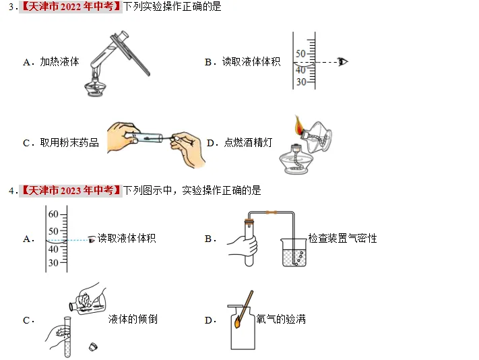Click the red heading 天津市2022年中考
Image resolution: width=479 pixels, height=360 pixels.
(x=69, y=7)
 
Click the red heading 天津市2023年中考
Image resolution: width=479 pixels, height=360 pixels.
(x=69, y=191)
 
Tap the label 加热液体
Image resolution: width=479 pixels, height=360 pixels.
(x=59, y=62)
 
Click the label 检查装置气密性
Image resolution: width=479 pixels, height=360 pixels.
(x=342, y=239)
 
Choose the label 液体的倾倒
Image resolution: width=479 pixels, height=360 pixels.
(x=133, y=319)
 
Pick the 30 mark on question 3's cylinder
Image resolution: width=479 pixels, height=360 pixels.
(x=300, y=82)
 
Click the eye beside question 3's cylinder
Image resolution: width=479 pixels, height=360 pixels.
(x=343, y=62)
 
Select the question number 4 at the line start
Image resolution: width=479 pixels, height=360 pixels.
(x=11, y=191)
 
